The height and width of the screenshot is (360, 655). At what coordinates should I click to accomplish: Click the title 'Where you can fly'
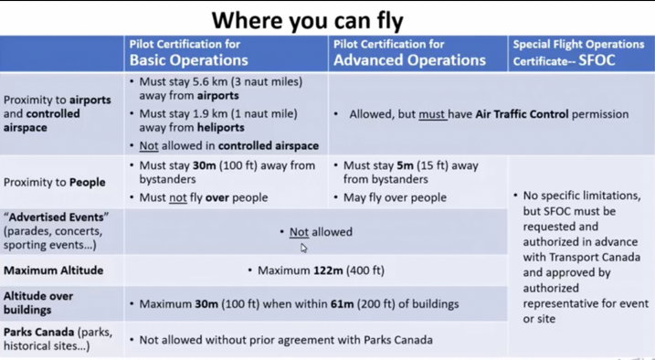point(308,21)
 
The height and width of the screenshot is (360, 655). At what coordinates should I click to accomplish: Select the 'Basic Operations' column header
point(189,60)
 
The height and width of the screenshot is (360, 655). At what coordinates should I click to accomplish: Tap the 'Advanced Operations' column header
point(409,60)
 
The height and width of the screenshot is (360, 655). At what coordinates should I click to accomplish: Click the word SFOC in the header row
point(597,60)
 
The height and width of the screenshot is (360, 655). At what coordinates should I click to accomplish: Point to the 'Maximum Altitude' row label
point(54,270)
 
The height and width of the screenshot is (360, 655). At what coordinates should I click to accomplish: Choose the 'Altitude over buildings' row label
point(38,302)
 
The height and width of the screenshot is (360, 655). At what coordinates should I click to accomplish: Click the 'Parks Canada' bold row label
point(39,332)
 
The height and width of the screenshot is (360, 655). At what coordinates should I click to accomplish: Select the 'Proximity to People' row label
point(54,183)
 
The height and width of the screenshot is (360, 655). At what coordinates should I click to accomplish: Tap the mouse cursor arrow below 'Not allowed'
point(303,248)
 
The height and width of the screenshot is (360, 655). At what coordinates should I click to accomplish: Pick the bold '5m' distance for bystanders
point(405,165)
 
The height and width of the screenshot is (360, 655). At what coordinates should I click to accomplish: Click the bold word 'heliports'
point(220,127)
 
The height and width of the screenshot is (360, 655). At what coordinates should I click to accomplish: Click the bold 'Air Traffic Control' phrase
point(522,114)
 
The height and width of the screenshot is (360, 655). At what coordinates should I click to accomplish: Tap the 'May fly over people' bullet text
point(395,197)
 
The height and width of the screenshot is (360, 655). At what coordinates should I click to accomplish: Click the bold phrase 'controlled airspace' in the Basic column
point(269,146)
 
